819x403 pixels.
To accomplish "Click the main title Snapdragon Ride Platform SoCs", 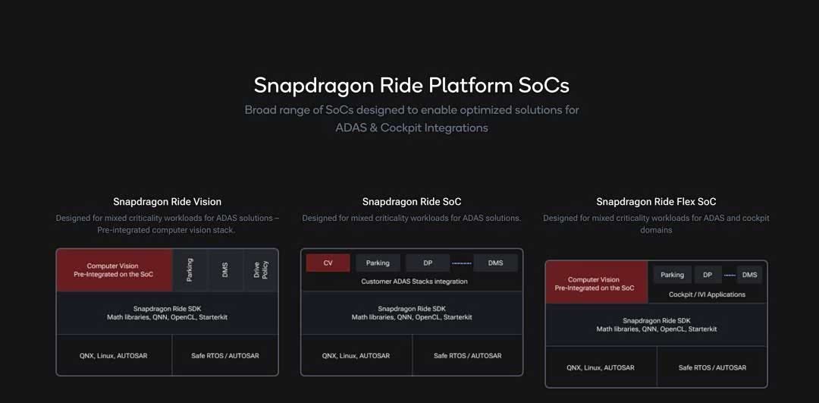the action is [x=412, y=86].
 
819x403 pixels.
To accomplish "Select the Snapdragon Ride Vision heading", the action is [x=167, y=202].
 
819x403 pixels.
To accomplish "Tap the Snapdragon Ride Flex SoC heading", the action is [x=656, y=202].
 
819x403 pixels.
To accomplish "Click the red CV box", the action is [x=328, y=263].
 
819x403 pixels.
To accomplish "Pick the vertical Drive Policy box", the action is [x=261, y=269].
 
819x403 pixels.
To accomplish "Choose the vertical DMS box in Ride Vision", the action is [x=226, y=269].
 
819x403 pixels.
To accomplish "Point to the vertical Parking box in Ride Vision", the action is [x=190, y=269].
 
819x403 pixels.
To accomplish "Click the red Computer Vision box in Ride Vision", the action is [x=115, y=270].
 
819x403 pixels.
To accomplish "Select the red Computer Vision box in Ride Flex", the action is [x=597, y=282].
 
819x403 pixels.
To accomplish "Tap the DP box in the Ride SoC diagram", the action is [x=428, y=263].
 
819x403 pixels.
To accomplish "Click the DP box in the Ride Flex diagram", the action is [x=708, y=275].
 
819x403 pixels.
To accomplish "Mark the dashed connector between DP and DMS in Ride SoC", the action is [x=462, y=263].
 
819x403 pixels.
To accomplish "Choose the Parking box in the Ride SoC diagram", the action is [x=378, y=263].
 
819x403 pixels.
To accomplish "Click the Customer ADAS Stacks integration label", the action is [x=414, y=282].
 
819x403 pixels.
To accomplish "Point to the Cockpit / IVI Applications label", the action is [x=708, y=294].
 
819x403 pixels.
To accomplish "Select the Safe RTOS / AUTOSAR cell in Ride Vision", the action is [x=225, y=355].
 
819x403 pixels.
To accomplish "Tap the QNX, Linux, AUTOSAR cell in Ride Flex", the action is [x=601, y=367].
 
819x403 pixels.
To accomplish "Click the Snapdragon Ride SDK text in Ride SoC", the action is [x=412, y=308].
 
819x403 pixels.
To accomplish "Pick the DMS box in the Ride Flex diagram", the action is [x=749, y=275].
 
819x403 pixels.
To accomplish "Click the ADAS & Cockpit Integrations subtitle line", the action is [x=412, y=128].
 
